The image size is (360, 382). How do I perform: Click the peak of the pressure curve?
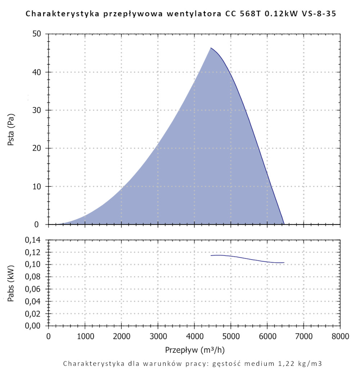pos(211,48)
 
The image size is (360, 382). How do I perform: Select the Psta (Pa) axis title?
pos(11,129)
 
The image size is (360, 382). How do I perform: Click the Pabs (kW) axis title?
pos(11,283)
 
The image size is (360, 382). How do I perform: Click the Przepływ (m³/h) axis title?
pos(194,350)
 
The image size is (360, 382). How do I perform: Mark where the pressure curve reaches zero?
pos(284,224)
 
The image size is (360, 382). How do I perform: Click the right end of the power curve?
pos(284,263)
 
